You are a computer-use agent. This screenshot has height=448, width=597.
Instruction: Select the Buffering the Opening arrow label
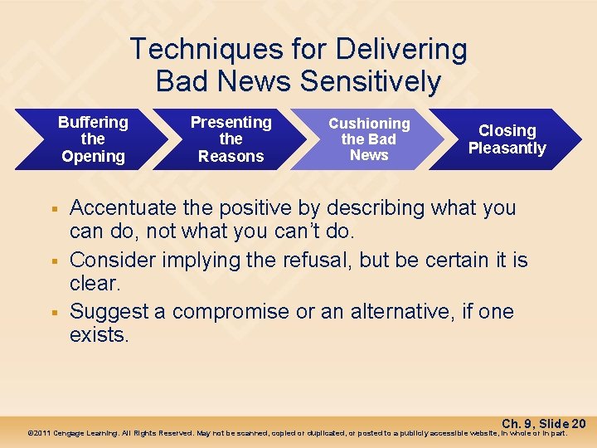coord(93,139)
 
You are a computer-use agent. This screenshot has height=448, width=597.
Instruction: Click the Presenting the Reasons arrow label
coord(231,139)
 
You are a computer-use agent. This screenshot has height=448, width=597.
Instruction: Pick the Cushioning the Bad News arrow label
coord(369,139)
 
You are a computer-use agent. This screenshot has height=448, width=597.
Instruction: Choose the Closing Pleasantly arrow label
coord(507,139)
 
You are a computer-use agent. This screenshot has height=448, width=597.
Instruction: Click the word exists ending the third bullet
coord(99,336)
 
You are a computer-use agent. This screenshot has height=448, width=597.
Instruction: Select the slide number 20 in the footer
coord(578,423)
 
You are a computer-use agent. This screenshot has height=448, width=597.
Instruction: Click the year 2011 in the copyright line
coord(42,433)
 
